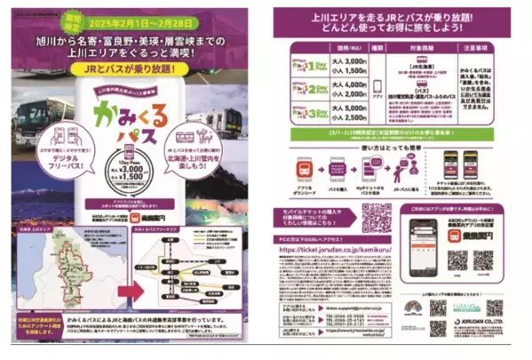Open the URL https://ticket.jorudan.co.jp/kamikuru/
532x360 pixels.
[x=350, y=250]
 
